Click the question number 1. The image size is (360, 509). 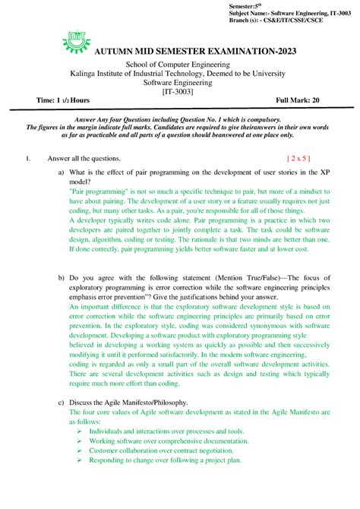tap(27, 159)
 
